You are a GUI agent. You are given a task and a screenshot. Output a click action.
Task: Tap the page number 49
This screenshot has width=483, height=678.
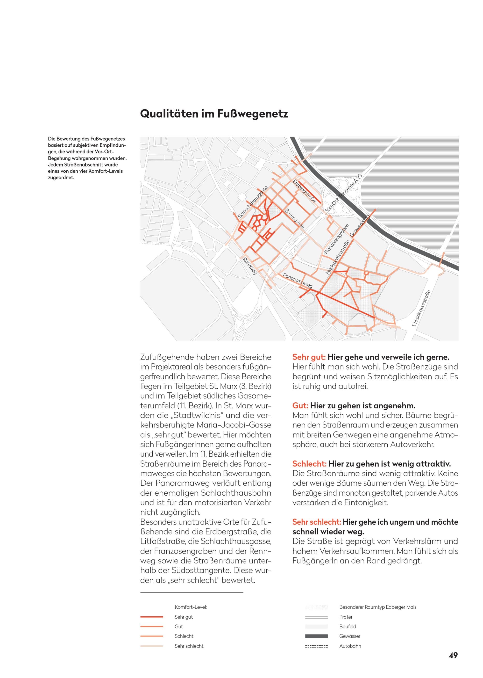click(453, 655)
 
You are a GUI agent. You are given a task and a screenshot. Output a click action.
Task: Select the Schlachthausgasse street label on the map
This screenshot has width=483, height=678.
click(253, 202)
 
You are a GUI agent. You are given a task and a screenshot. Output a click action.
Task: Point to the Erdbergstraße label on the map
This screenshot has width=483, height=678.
click(304, 191)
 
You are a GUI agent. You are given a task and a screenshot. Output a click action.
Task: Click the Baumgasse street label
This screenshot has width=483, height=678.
click(295, 219)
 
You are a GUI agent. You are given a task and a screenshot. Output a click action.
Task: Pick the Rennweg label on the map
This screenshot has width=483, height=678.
click(249, 266)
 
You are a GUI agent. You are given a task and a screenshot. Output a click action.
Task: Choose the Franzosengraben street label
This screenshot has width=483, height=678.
click(336, 239)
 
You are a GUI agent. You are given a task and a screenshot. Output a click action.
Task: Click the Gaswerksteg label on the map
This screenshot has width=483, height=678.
click(359, 226)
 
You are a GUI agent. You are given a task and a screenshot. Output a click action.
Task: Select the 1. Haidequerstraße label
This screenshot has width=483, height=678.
click(421, 308)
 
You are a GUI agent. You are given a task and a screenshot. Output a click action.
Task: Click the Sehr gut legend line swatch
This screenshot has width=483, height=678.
click(152, 617)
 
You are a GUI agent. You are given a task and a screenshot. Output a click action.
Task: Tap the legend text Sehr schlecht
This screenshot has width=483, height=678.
click(189, 646)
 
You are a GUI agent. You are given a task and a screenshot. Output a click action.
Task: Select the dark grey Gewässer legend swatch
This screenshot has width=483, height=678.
click(316, 636)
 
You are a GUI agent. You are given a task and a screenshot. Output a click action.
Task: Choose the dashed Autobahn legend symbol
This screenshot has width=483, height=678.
click(316, 646)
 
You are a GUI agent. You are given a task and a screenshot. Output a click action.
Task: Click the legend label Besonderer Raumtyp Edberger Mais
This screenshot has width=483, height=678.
click(377, 607)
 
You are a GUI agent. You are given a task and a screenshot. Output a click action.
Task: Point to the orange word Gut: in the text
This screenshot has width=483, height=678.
click(300, 405)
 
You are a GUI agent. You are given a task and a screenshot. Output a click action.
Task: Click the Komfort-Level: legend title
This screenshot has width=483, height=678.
click(190, 607)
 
